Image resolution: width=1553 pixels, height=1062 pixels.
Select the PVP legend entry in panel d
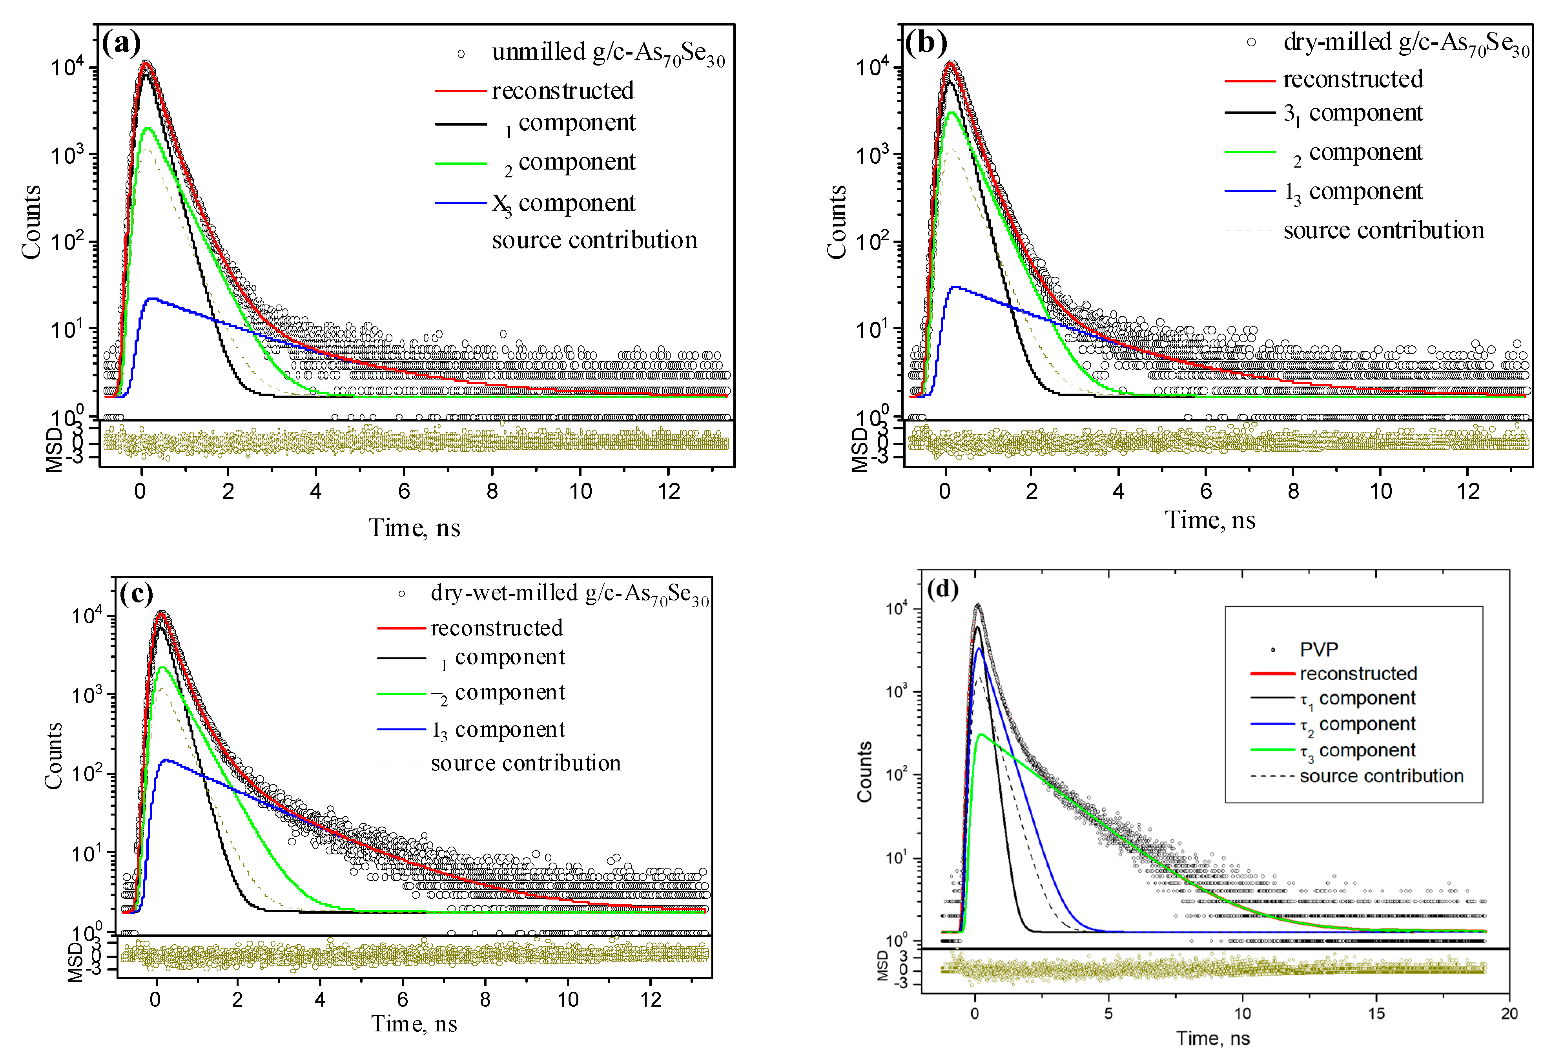click(1318, 649)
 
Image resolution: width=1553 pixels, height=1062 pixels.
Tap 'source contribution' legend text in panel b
click(1383, 231)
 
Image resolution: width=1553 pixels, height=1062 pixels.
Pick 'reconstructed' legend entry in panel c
click(496, 628)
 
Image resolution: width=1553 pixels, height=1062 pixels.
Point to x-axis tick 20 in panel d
click(1509, 1014)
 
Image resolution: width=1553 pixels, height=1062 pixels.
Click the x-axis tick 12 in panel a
click(668, 492)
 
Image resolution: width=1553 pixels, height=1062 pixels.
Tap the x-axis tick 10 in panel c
click(568, 1000)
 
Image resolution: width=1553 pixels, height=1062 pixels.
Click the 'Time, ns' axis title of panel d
click(1213, 1038)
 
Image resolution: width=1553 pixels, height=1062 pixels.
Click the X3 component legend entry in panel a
click(563, 203)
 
